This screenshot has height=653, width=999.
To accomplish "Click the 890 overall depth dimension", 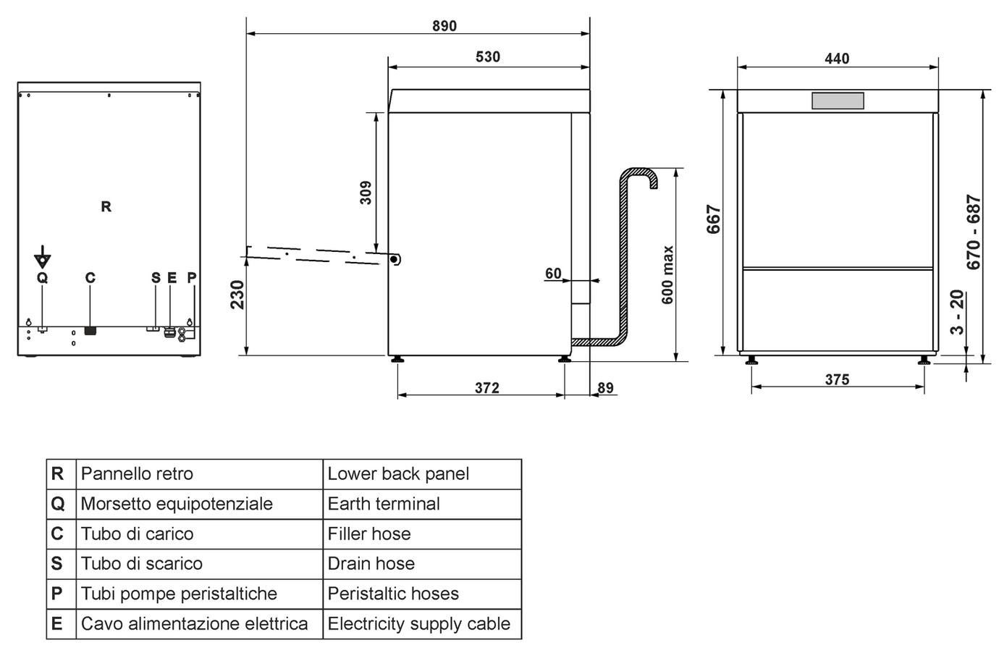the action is pyautogui.click(x=444, y=26).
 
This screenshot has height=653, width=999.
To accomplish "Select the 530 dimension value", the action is pyautogui.click(x=488, y=56).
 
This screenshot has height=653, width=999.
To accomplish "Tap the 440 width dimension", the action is pyautogui.click(x=837, y=59).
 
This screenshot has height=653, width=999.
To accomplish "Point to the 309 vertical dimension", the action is pyautogui.click(x=366, y=193).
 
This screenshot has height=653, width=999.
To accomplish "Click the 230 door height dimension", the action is pyautogui.click(x=237, y=295).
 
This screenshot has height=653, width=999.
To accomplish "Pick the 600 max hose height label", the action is pyautogui.click(x=667, y=275).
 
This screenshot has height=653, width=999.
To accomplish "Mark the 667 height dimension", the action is pyautogui.click(x=714, y=219).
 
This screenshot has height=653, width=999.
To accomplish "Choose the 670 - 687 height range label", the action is pyautogui.click(x=974, y=232).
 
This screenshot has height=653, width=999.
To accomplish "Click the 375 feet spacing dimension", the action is pyautogui.click(x=837, y=379).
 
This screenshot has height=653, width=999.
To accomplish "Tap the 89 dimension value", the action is pyautogui.click(x=605, y=387).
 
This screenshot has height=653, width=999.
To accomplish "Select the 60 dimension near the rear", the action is pyautogui.click(x=554, y=273).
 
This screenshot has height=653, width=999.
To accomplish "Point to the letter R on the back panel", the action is pyautogui.click(x=106, y=206).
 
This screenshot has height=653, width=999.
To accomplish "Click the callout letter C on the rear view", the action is pyautogui.click(x=90, y=277).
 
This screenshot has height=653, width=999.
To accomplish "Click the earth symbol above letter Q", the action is pyautogui.click(x=43, y=258).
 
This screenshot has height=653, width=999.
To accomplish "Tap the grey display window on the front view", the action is pyautogui.click(x=838, y=101).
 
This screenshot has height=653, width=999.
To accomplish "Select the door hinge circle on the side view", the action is pyautogui.click(x=394, y=259).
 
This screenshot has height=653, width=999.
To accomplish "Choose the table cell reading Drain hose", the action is pyautogui.click(x=422, y=564).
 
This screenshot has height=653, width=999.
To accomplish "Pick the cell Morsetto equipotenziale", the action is pyautogui.click(x=199, y=504).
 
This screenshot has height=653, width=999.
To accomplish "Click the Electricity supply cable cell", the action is pyautogui.click(x=422, y=623).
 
